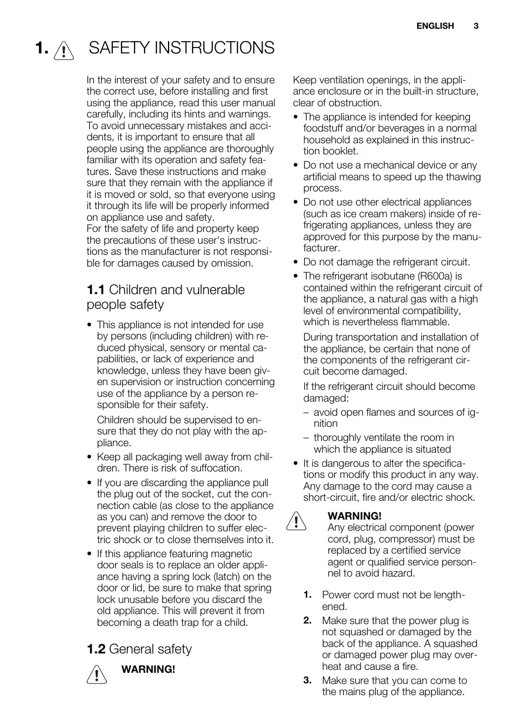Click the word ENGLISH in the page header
(435, 26)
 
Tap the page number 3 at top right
(476, 26)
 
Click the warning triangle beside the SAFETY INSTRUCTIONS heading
(62, 50)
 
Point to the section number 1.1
(96, 290)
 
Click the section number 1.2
(96, 649)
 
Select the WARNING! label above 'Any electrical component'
(354, 516)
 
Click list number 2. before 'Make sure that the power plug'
(308, 620)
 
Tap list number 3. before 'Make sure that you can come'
(308, 680)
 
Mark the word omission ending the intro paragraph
(233, 263)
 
